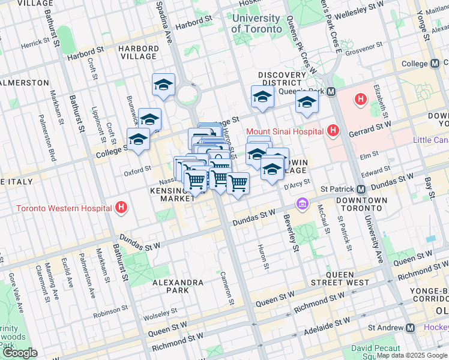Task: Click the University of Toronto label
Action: pyautogui.click(x=256, y=24)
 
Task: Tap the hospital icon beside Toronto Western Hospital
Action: pyautogui.click(x=122, y=208)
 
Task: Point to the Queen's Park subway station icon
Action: pyautogui.click(x=332, y=92)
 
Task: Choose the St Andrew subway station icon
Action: pyautogui.click(x=410, y=328)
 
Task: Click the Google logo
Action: pyautogui.click(x=19, y=353)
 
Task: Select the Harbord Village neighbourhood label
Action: pyautogui.click(x=139, y=52)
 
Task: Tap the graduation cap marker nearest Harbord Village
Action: pyautogui.click(x=163, y=85)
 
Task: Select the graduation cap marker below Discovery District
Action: pyautogui.click(x=262, y=97)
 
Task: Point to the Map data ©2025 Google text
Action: pyautogui.click(x=412, y=355)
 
